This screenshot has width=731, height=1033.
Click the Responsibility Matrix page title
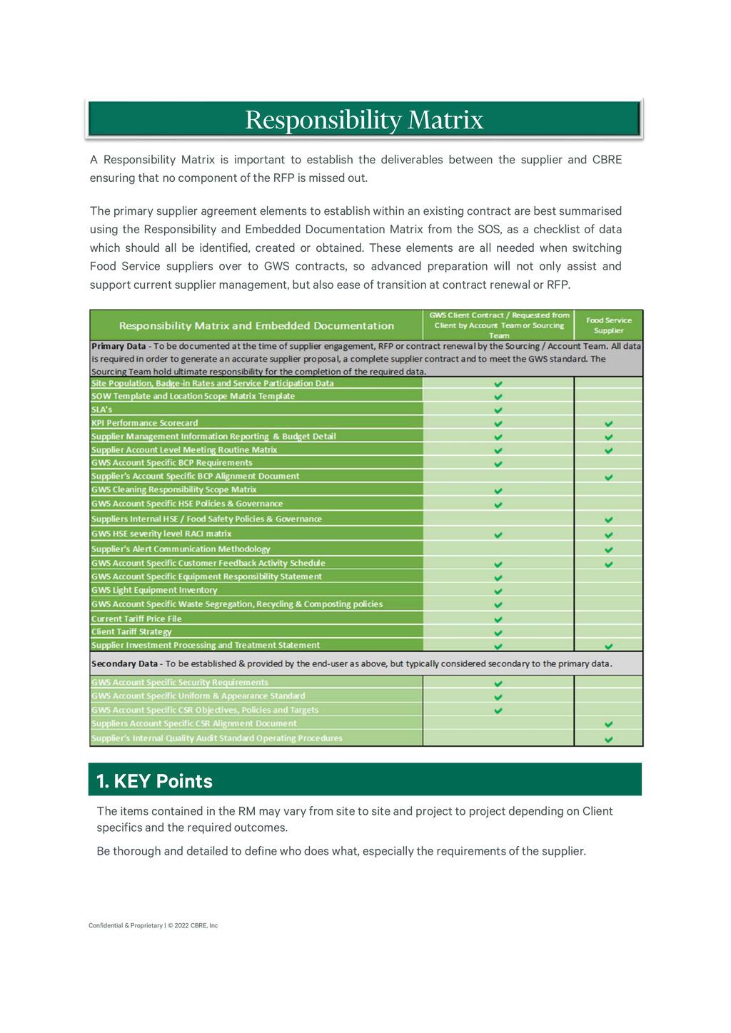coord(364,119)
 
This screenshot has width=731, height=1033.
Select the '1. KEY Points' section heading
coord(154,781)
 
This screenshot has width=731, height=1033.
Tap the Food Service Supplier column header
coord(608,325)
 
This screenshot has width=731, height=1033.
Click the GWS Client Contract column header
coord(498,325)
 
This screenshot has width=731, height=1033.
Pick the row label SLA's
coord(102,409)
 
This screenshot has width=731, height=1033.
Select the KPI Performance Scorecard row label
coord(144,423)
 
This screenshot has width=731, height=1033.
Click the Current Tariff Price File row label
coord(136,619)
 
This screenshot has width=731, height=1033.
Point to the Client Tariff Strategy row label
coord(131,631)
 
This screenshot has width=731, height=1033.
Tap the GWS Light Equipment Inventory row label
coord(154,590)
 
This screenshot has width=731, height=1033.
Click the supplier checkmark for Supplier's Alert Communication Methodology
coord(608,549)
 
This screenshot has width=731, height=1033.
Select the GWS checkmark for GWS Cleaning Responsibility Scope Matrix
coord(498,490)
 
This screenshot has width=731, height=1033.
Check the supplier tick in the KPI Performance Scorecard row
coord(608,423)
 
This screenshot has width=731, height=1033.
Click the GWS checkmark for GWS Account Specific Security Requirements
coord(498,683)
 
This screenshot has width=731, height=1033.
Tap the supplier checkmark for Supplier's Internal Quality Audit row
coord(608,739)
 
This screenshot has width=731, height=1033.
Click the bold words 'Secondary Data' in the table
coord(124,663)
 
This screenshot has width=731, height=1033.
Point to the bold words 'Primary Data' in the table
coord(119,346)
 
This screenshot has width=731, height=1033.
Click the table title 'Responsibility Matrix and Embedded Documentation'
coord(256,325)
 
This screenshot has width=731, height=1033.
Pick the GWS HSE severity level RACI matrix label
coord(161,534)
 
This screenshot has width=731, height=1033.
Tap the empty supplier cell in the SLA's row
coord(608,409)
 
